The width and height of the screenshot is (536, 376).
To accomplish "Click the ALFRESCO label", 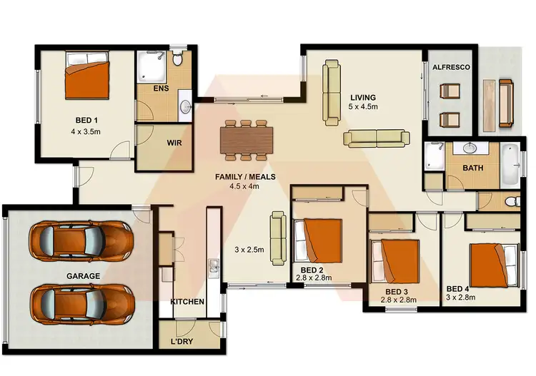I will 450,67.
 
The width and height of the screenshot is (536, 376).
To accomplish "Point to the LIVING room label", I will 363,97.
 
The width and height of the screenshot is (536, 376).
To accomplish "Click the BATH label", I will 472,169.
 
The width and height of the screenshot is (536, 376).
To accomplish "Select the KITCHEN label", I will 187,302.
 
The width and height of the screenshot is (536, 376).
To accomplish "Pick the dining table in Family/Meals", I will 246,138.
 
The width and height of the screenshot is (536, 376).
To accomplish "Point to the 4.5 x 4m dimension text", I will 244,186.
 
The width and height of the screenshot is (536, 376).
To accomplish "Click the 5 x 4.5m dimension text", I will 363,106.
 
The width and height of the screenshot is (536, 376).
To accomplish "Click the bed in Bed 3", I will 394,262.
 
